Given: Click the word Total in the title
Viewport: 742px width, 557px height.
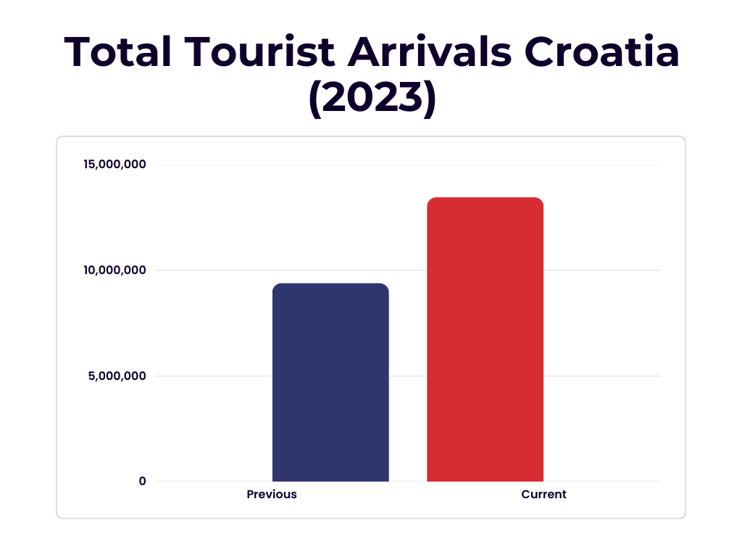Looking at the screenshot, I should click(x=118, y=52).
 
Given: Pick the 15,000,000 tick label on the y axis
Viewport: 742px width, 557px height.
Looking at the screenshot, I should click(x=114, y=165).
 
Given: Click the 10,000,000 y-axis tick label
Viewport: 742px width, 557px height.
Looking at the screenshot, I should click(x=114, y=271).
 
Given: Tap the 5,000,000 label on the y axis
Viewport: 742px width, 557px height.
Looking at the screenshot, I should click(x=117, y=376).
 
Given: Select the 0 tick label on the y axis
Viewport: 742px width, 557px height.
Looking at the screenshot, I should click(x=143, y=481).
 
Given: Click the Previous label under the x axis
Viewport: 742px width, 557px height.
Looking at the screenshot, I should click(x=272, y=495).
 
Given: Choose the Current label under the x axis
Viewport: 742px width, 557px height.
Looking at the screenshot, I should click(x=543, y=495).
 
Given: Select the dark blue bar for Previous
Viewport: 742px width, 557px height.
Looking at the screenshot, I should click(x=330, y=384).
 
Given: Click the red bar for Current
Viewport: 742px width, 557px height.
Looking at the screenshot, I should click(x=485, y=341).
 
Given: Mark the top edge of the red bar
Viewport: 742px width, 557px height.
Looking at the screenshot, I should click(x=485, y=198).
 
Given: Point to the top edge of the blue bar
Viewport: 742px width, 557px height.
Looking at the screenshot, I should click(x=330, y=284).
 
